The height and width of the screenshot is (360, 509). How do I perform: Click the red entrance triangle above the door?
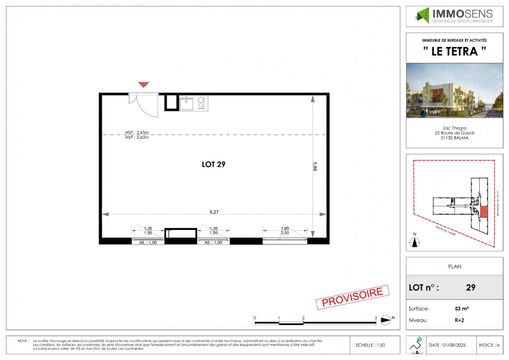point(143,85)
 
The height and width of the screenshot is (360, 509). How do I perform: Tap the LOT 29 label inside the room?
point(214,164)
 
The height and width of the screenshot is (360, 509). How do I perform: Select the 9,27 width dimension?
point(214,212)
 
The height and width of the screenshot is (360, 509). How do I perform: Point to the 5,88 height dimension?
point(315,166)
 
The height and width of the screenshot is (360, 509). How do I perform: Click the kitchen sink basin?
point(186,103)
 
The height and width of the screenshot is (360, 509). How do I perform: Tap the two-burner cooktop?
point(201,103)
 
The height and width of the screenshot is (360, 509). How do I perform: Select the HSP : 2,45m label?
point(137,133)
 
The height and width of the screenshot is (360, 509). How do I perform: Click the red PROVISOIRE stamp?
point(352,297)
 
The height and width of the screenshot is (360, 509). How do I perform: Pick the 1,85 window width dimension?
point(285,229)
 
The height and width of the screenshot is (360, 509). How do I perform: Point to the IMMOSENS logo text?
point(462,14)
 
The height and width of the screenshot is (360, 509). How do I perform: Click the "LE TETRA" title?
point(454,51)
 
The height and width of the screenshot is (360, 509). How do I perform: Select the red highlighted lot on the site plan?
point(484,212)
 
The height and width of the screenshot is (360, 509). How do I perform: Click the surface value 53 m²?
point(462,308)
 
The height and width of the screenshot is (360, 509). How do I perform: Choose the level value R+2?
point(459,320)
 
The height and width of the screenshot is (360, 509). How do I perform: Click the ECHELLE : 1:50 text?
point(370,345)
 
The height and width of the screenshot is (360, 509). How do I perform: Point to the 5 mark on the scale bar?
point(376,318)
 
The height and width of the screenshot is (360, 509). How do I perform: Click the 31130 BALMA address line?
point(454,138)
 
